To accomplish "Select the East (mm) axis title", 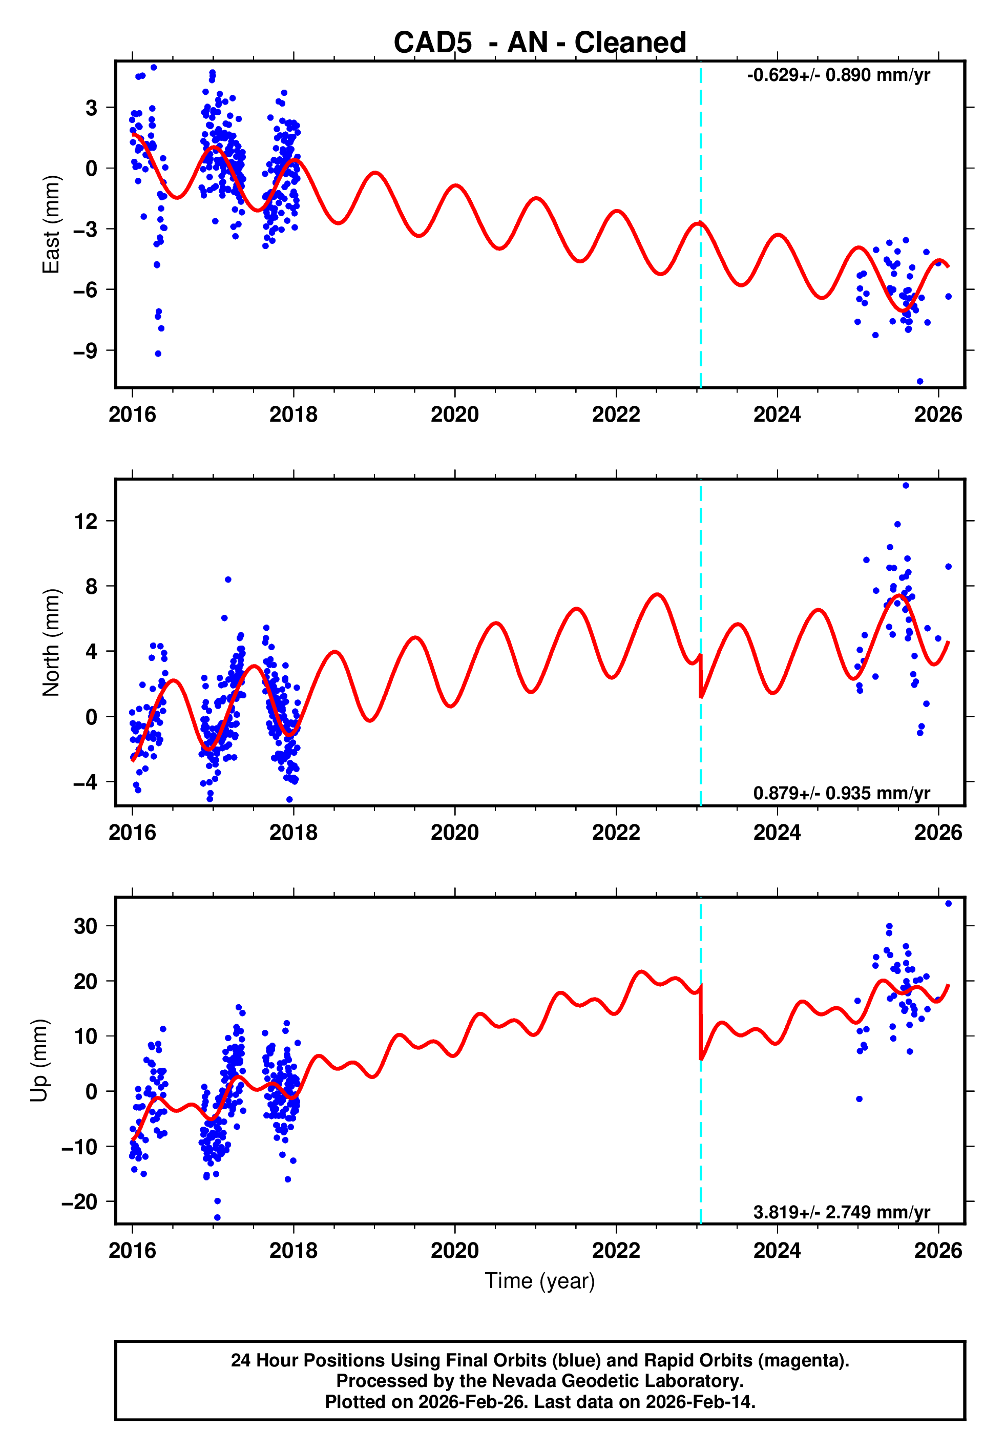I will coord(50,224).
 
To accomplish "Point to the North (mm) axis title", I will coord(50,642).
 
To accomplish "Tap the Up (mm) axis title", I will coord(39,1061).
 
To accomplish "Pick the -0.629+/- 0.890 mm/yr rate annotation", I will coord(838,75).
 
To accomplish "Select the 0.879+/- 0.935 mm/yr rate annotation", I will coord(841,793).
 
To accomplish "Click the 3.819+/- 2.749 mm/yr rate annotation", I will coord(841,1212).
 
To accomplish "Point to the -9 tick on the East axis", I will coord(86,351).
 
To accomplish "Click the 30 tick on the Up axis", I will coord(86,926).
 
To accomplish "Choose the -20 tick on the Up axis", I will coord(79,1202).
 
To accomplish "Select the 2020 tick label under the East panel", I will coord(455,415).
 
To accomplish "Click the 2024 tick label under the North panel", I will coord(777,833).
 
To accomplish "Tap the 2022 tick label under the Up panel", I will coord(616,1251).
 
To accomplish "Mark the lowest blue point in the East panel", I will coord(920,382).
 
